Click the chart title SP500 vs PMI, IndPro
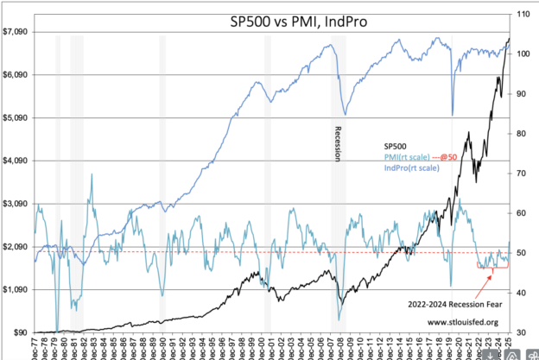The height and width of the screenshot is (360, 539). (x=271, y=22)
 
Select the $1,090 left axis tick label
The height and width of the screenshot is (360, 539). (x=15, y=290)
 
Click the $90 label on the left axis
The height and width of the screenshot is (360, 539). (x=20, y=332)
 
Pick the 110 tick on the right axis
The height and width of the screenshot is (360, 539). (x=523, y=15)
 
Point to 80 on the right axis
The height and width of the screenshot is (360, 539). (x=522, y=134)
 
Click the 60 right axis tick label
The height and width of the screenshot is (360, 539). (x=522, y=213)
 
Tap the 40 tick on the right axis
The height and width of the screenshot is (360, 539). (x=522, y=293)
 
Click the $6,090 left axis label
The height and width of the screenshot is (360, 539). (x=15, y=75)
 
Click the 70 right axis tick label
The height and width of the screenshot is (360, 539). (x=522, y=174)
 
